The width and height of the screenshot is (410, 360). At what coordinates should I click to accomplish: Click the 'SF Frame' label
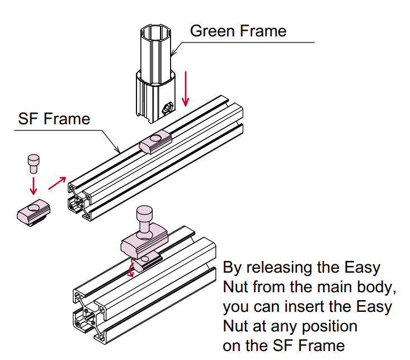click(x=54, y=119)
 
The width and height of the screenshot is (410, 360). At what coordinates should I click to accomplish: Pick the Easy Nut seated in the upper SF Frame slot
click(x=157, y=142)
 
